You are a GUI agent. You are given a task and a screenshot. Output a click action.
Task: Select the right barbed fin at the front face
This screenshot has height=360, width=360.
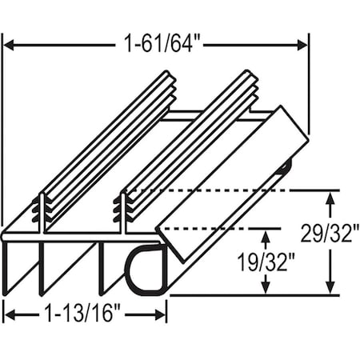click(122, 210)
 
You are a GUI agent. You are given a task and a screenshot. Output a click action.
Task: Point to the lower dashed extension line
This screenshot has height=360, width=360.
click(216, 226)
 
